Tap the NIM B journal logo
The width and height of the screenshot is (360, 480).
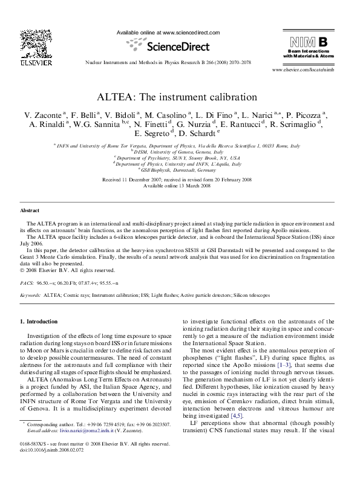[309, 42]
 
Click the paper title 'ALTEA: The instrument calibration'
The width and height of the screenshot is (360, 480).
[180, 96]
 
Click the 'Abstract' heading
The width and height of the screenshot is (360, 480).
[30, 210]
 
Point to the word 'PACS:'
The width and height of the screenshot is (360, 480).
[27, 282]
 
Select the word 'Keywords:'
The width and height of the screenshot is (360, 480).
[30, 294]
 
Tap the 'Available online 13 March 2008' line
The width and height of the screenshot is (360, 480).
[180, 186]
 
